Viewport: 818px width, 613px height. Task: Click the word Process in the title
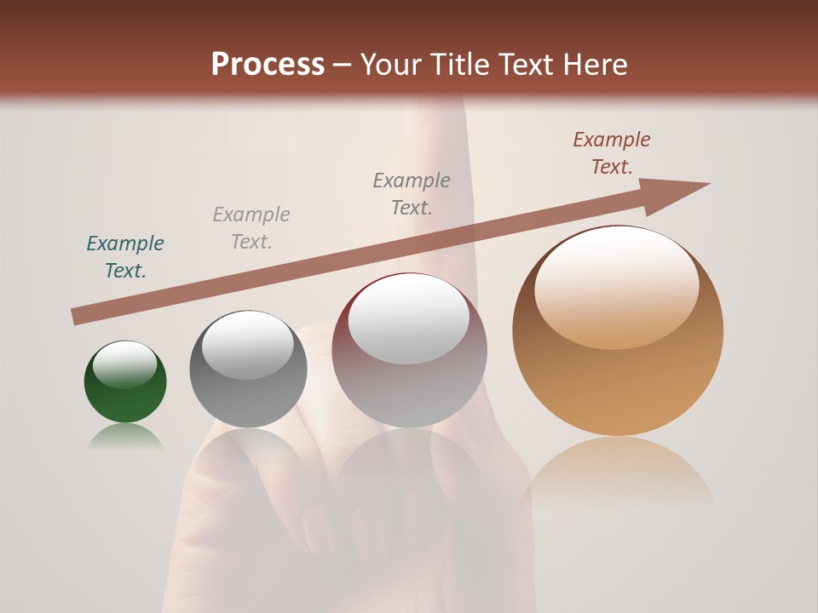[268, 64]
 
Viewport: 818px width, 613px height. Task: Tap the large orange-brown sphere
[618, 383]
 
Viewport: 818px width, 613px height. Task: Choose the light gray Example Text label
[251, 228]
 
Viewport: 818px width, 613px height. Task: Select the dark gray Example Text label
[412, 194]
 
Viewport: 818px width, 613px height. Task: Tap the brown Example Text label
[612, 153]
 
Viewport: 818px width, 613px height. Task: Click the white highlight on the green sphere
[125, 364]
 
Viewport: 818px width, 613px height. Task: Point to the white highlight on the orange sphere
[617, 285]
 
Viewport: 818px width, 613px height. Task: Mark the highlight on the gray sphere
[248, 345]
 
